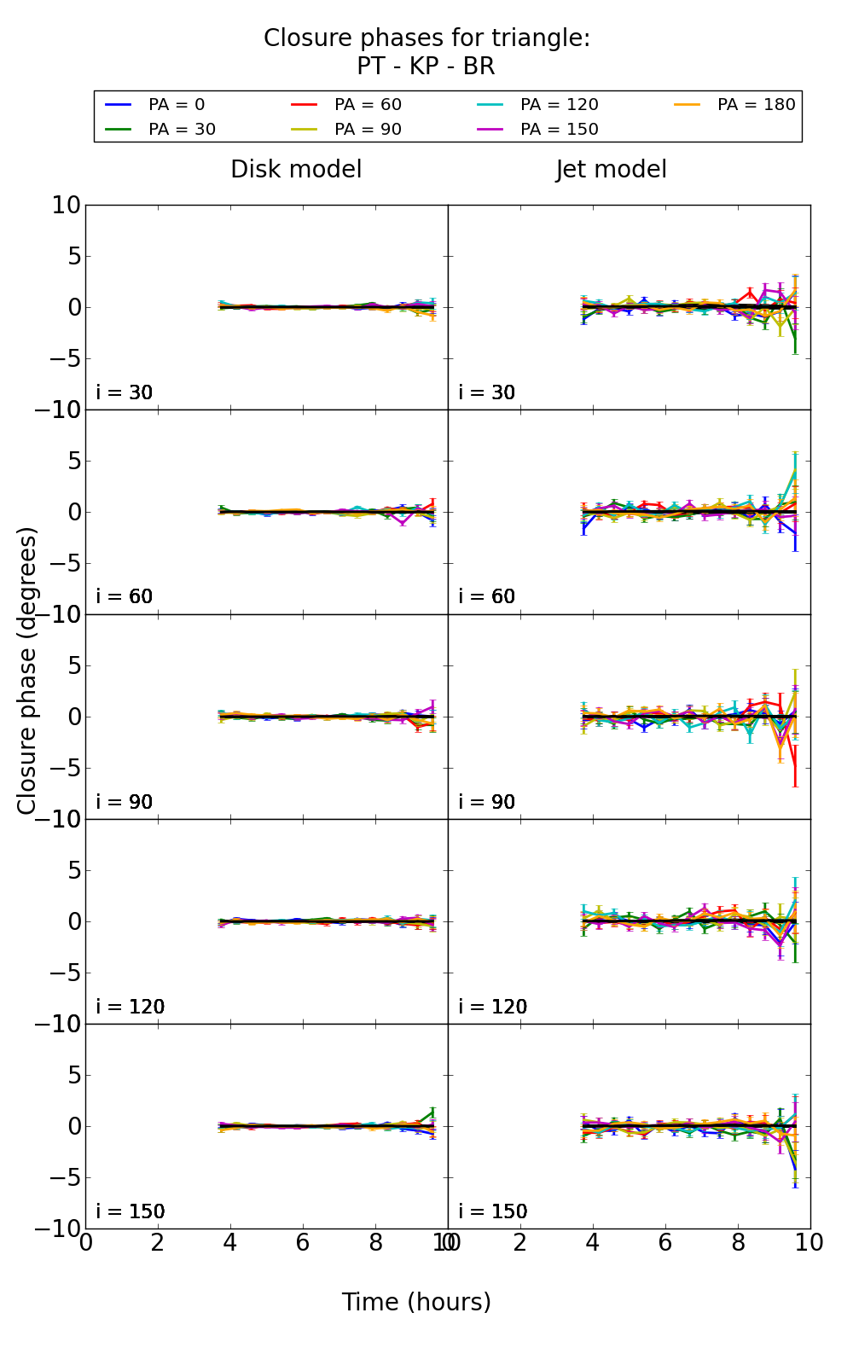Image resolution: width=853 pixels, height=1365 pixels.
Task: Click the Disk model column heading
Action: [296, 170]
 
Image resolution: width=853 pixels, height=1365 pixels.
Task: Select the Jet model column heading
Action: [612, 170]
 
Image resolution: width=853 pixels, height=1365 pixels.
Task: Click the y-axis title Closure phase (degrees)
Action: [27, 671]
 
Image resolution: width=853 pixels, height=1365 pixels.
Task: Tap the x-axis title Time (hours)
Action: [416, 1303]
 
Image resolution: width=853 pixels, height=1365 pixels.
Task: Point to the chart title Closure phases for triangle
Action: [426, 38]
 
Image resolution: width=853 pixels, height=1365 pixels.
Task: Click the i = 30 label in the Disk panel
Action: [125, 392]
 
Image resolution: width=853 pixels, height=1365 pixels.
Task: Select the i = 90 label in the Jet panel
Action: [487, 802]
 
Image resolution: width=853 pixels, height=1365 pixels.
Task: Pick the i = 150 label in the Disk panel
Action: [131, 1211]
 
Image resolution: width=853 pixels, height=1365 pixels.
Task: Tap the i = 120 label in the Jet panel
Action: [493, 1007]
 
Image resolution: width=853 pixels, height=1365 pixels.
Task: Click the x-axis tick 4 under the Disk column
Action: [230, 1242]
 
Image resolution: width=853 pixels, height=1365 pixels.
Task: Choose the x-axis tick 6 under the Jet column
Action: [665, 1242]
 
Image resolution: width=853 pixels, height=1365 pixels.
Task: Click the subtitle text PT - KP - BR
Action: [426, 67]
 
